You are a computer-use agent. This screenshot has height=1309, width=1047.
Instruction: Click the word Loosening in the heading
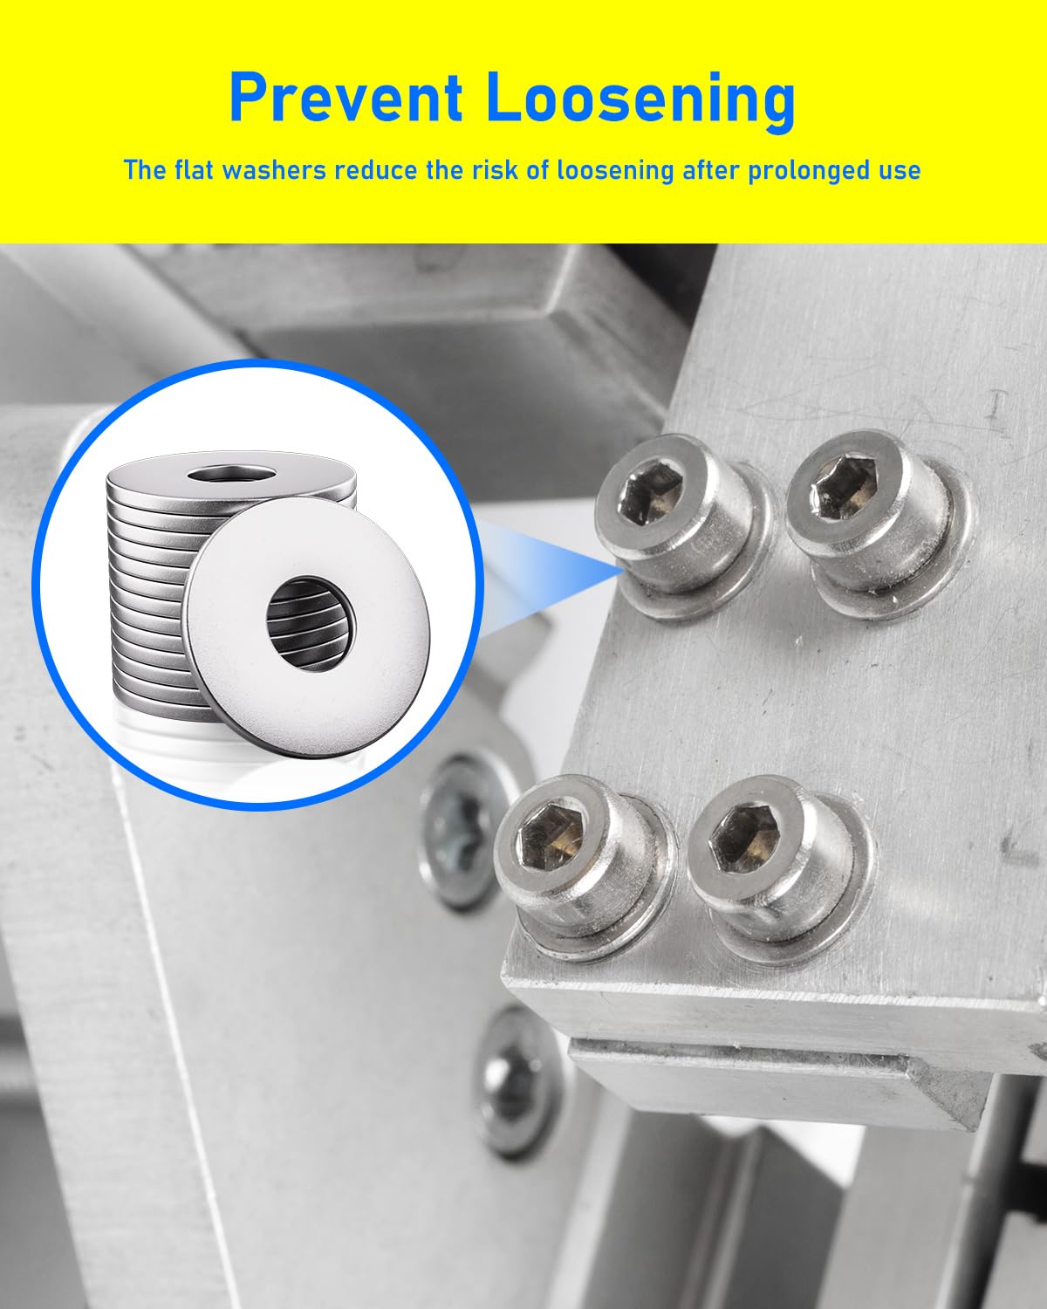point(641,98)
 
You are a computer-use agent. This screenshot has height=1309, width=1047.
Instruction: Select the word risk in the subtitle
point(499,169)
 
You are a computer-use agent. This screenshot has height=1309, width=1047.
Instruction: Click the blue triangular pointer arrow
point(558,565)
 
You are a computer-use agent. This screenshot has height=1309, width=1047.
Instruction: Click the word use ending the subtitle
point(899,169)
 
